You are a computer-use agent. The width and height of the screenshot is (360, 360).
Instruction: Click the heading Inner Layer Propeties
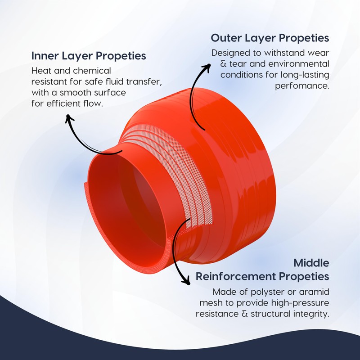(x=88, y=56)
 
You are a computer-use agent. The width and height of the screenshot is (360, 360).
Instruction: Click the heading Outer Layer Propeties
(x=270, y=37)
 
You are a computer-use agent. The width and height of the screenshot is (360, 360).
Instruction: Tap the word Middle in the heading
(x=311, y=262)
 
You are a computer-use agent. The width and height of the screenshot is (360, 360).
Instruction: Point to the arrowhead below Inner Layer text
(x=69, y=118)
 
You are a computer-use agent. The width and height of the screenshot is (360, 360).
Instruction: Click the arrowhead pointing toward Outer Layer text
(x=207, y=67)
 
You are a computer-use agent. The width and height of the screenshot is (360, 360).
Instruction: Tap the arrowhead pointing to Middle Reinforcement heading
(x=185, y=281)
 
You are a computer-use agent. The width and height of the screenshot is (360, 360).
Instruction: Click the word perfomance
(x=302, y=85)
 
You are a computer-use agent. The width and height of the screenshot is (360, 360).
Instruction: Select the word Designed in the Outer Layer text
(x=231, y=53)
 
